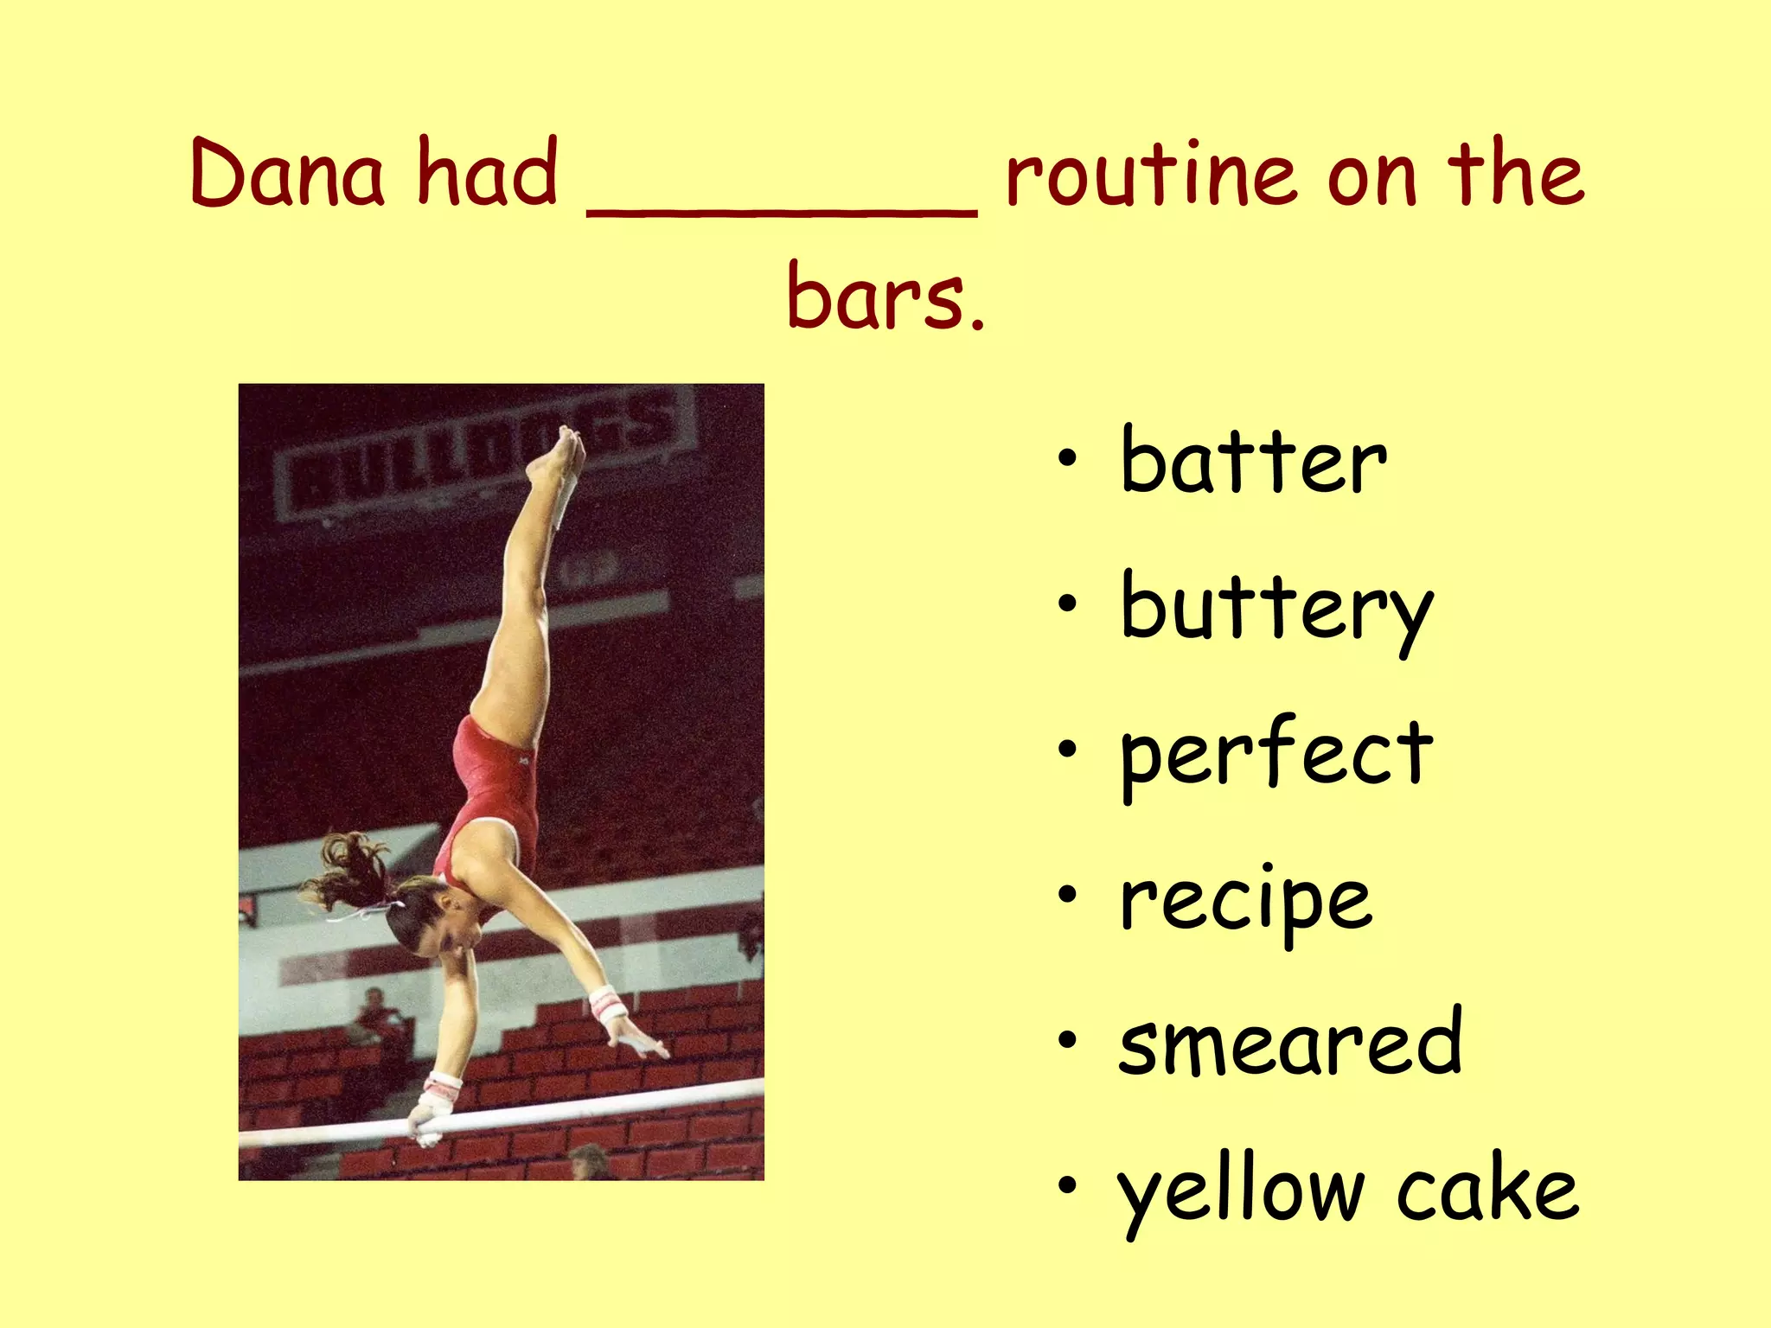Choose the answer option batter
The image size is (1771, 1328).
1253,463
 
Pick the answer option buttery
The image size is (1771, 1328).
1276,610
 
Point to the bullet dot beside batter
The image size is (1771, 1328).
1069,459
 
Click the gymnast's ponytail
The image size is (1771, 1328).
350,869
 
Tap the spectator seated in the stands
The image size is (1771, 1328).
377,1020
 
